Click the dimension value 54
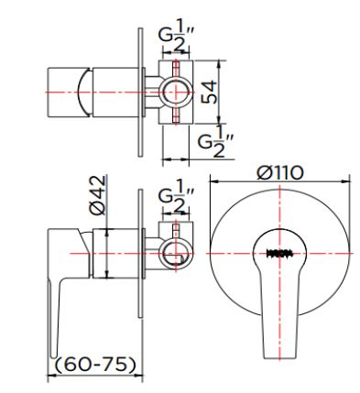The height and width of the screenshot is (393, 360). (211, 93)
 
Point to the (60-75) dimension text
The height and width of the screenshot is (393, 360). (95, 365)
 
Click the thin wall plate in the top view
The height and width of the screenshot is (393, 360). (139, 93)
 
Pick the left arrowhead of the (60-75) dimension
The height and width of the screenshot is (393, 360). (49, 374)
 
